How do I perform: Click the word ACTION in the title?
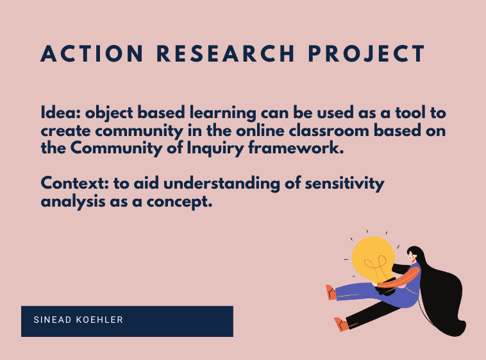point(92,54)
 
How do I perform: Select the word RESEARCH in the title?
point(225,54)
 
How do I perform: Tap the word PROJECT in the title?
point(366,54)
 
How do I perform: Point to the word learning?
point(223,114)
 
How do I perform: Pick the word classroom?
point(329,130)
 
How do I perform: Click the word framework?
point(296,148)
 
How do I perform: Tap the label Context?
point(75,183)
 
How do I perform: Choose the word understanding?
point(222,184)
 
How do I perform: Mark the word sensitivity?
point(345,184)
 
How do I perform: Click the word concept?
point(180,202)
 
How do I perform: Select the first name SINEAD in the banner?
point(53,320)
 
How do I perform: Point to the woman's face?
point(412,256)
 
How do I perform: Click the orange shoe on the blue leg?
point(331,293)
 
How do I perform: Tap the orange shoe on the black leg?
point(342,324)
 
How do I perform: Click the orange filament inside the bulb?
point(376,266)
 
